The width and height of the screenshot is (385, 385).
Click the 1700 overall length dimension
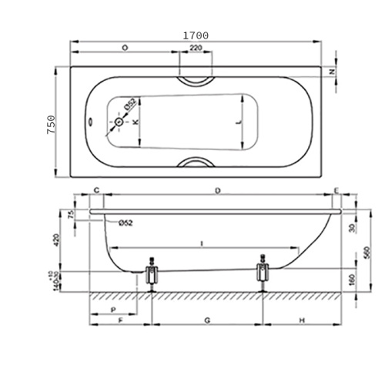[x=196, y=35]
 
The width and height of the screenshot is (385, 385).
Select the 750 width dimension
[x=52, y=125]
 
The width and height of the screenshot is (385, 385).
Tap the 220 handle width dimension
[x=196, y=48]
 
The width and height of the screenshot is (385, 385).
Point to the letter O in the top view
[x=125, y=48]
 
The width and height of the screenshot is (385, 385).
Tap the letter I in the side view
[x=201, y=243]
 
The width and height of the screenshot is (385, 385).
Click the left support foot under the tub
[x=152, y=276]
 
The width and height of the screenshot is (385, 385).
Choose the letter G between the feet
[x=207, y=319]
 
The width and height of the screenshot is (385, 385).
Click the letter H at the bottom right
[x=303, y=319]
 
